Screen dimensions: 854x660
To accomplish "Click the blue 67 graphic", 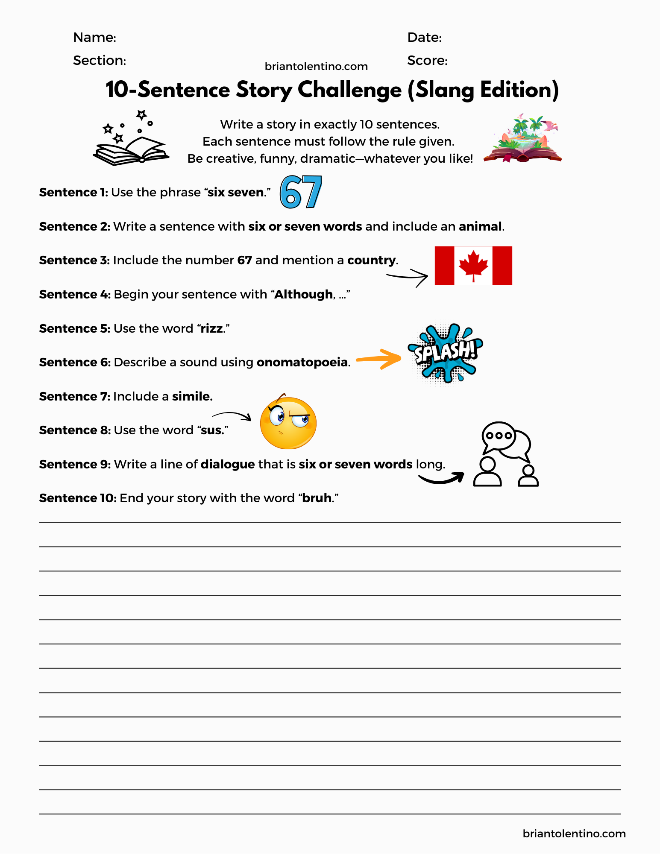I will (301, 192).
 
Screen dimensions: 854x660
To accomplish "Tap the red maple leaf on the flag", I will (473, 265).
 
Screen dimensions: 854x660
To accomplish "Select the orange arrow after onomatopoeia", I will (378, 359).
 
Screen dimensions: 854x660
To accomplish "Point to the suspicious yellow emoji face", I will (288, 422).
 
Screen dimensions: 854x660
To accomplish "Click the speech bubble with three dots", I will (499, 436).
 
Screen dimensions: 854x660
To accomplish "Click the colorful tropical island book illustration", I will (523, 140).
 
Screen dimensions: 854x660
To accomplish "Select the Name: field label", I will (94, 38).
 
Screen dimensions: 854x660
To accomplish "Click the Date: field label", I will (424, 38).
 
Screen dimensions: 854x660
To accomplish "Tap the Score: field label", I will (427, 61).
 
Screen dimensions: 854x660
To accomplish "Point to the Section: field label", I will (100, 61).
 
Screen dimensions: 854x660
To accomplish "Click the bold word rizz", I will (212, 328).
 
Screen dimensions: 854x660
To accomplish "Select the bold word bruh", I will (317, 498).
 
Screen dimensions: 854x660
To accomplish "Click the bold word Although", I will (303, 294).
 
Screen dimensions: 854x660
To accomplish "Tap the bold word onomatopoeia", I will (302, 362).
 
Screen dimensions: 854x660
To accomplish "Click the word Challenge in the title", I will (349, 90).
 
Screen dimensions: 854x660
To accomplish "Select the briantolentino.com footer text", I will (574, 834).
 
